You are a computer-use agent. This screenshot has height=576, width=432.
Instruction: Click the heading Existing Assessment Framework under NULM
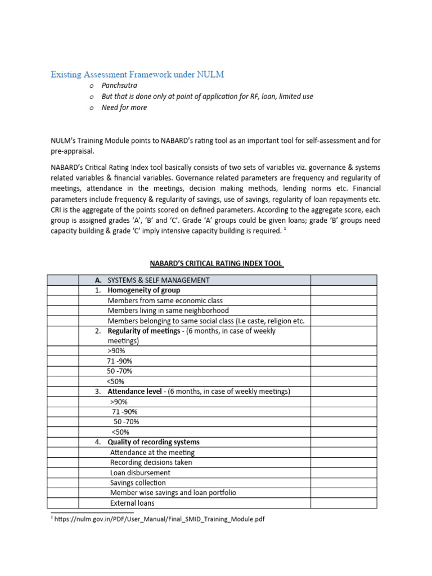click(x=137, y=74)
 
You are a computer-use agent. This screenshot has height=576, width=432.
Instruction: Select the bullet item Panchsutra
click(x=119, y=85)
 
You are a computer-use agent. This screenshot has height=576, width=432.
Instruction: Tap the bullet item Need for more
click(x=124, y=107)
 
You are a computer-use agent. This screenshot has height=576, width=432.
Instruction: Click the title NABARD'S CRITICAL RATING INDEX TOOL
click(x=216, y=264)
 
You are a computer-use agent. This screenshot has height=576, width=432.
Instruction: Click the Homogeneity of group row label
click(x=143, y=290)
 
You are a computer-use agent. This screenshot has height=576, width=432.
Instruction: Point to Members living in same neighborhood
click(x=168, y=310)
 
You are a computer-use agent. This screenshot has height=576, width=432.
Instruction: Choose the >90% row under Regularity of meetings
click(x=116, y=351)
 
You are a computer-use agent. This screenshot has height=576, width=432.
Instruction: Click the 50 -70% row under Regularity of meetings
click(x=119, y=371)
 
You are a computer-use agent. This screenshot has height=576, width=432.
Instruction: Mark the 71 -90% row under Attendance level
click(x=124, y=412)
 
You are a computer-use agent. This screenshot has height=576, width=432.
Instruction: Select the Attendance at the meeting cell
click(x=152, y=452)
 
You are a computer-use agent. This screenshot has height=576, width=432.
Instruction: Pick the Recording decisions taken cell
click(x=151, y=462)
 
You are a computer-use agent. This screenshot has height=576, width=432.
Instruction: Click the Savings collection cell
click(x=138, y=483)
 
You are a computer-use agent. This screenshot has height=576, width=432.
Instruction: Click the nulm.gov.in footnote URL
click(x=159, y=519)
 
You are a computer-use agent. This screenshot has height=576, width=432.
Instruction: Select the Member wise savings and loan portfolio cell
click(x=173, y=493)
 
